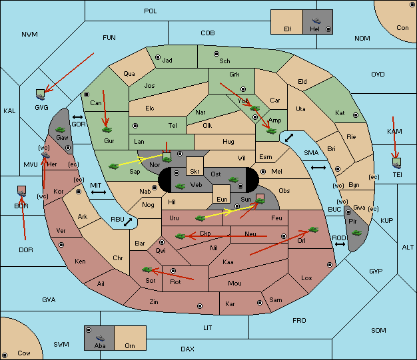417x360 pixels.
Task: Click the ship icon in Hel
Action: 316,21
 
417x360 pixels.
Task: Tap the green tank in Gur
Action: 107,130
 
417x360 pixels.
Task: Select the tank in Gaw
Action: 60,130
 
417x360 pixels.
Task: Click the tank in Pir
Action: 356,233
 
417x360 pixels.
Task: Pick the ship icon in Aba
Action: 100,338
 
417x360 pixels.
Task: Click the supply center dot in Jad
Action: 158,57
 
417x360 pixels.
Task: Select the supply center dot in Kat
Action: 356,115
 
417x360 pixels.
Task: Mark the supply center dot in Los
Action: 330,265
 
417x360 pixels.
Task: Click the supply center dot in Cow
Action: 5,355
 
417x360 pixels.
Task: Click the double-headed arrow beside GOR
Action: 78,117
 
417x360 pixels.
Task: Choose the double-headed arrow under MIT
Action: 99,192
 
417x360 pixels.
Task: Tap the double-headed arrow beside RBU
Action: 128,222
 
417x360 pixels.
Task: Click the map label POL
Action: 151,11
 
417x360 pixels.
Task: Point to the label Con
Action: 402,28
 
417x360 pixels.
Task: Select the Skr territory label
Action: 195,172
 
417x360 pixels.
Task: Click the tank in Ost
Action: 234,180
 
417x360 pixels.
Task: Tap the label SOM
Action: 378,331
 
